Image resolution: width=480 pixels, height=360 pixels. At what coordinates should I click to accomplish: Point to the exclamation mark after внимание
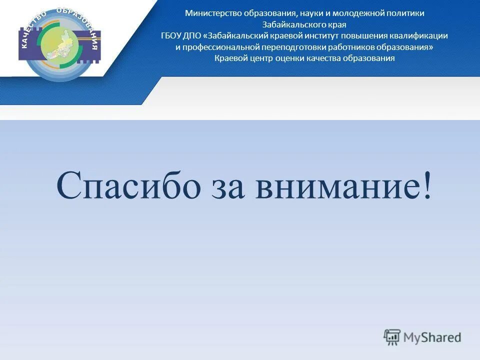coord(426,186)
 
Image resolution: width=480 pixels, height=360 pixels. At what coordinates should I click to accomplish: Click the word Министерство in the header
coord(213,13)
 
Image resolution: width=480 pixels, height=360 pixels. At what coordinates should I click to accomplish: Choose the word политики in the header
coord(404,13)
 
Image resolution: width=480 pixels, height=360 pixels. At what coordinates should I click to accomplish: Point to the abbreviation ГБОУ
coord(170,36)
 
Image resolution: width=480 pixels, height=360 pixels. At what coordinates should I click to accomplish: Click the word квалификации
coord(420,36)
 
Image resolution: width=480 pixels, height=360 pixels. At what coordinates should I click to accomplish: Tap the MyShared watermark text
coord(432,337)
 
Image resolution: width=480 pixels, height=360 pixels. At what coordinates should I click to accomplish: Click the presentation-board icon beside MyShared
coord(392,337)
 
